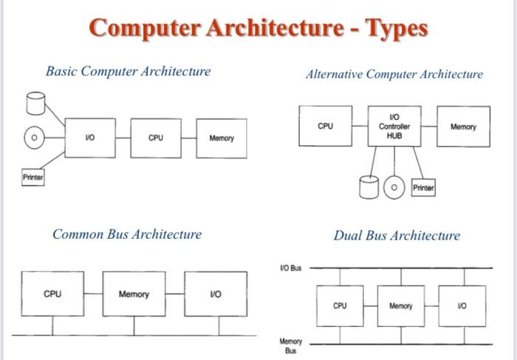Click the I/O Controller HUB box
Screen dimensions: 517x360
[394, 126]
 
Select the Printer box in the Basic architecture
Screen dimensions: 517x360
[33, 177]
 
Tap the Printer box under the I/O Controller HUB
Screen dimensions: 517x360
[423, 188]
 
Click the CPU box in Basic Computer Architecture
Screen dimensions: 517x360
[156, 138]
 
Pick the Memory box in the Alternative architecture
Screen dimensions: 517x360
[464, 126]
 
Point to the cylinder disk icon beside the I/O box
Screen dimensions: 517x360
[35, 103]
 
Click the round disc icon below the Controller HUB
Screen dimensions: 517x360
[394, 187]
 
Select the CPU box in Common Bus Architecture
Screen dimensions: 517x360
[52, 293]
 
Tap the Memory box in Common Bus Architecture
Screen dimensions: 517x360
[134, 293]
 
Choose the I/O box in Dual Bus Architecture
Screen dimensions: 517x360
[462, 306]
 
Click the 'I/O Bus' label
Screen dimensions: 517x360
[291, 268]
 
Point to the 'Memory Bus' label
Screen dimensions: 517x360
[290, 346]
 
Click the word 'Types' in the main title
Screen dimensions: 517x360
[397, 29]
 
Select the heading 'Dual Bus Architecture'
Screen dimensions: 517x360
[397, 236]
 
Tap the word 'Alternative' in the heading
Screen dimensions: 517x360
[334, 74]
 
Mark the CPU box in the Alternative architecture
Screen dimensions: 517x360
[326, 126]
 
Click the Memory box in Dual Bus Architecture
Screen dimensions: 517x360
[401, 306]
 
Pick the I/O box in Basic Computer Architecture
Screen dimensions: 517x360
[90, 138]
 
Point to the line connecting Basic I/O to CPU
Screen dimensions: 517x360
[123, 138]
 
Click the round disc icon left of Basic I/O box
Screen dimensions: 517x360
[34, 137]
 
